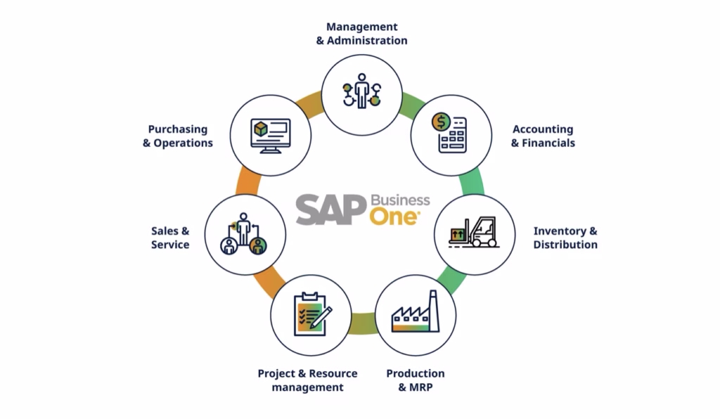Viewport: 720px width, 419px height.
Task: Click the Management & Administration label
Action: (x=362, y=34)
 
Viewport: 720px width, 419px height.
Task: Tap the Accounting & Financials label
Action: (x=543, y=136)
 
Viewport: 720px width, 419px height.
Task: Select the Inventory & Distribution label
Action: (x=565, y=238)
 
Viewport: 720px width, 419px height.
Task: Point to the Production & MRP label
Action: (x=415, y=380)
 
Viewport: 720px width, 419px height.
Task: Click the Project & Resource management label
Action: (x=307, y=380)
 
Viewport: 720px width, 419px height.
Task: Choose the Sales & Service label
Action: (x=170, y=238)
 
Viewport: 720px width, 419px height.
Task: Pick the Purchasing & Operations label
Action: (x=178, y=136)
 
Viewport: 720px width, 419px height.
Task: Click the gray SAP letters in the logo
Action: (x=330, y=209)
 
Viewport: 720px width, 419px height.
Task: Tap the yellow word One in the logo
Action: (x=394, y=217)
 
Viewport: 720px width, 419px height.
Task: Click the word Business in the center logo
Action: (x=400, y=200)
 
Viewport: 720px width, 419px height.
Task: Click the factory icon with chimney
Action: (x=415, y=311)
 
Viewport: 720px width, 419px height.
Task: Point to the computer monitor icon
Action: (x=271, y=136)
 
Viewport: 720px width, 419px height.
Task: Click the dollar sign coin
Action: (x=442, y=122)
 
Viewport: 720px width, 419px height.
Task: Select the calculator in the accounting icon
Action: (x=453, y=136)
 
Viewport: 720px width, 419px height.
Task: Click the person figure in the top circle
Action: (x=362, y=91)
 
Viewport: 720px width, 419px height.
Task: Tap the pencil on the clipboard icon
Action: (x=321, y=318)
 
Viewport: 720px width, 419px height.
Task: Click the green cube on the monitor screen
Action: (x=261, y=129)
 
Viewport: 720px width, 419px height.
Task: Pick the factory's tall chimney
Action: (x=433, y=310)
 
